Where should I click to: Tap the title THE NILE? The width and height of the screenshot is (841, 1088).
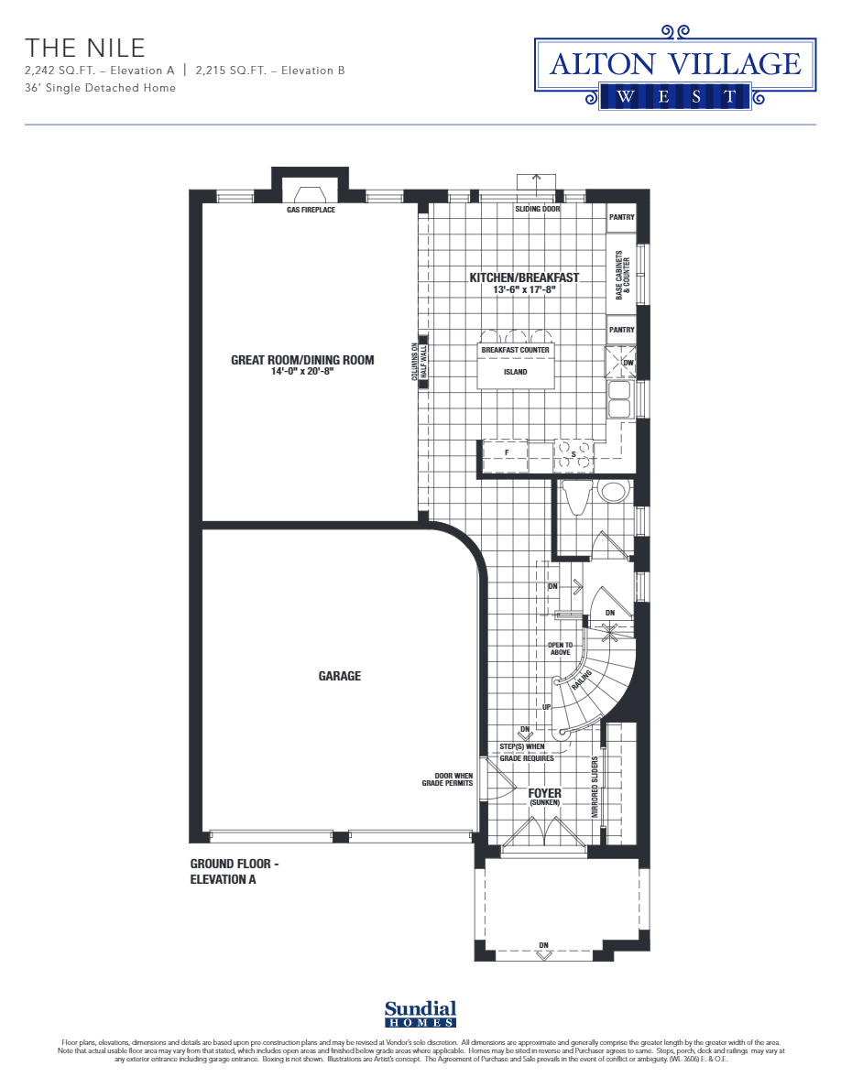85,48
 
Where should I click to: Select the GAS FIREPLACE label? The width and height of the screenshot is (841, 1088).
311,210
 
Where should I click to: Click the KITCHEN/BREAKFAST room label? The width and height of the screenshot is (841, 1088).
524,277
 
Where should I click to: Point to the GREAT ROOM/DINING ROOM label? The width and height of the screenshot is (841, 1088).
302,360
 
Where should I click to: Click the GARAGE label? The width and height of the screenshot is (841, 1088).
340,676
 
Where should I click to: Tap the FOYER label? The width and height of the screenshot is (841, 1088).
545,793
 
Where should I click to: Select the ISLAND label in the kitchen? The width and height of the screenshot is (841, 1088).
516,373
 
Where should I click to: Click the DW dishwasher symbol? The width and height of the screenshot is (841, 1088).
628,363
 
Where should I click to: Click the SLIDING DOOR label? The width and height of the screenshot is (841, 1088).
537,210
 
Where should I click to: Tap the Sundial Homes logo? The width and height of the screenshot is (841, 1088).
420,1012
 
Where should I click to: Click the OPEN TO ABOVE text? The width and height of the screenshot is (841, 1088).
559,648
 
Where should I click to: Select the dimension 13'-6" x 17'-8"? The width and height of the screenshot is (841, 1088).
525,289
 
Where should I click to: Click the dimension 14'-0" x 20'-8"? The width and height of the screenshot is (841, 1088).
302,372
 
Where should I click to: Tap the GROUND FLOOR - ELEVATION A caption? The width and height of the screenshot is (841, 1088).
234,871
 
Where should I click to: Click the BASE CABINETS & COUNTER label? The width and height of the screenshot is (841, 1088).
622,276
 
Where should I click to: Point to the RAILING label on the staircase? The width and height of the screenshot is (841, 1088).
581,680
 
